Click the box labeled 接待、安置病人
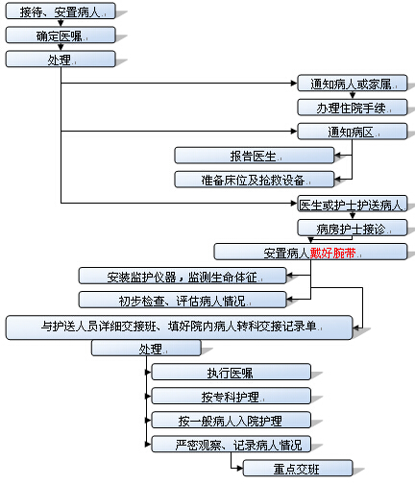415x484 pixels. coord(61,11)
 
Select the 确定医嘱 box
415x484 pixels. coord(61,35)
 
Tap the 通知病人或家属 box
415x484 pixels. coord(353,84)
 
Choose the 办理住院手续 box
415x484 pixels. coord(353,108)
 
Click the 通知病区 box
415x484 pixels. coord(353,132)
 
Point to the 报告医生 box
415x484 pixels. coord(255,156)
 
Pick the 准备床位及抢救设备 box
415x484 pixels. coord(255,180)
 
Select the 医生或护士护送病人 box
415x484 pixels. coord(353,204)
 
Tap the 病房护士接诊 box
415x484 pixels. coord(353,228)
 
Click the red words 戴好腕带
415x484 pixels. coord(332,254)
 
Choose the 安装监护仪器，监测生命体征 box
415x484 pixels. coord(183,276)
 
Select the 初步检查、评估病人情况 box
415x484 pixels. coord(183,300)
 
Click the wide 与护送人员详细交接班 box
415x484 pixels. coord(180,327)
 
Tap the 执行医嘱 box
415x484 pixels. coord(232,372)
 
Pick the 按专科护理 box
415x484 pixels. coord(232,396)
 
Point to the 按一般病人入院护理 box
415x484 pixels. coord(232,420)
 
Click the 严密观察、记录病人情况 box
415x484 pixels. coord(232,444)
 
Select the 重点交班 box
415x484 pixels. coord(298,469)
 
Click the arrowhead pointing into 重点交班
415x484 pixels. coord(240,469)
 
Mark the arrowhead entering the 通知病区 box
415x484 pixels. coord(294,131)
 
